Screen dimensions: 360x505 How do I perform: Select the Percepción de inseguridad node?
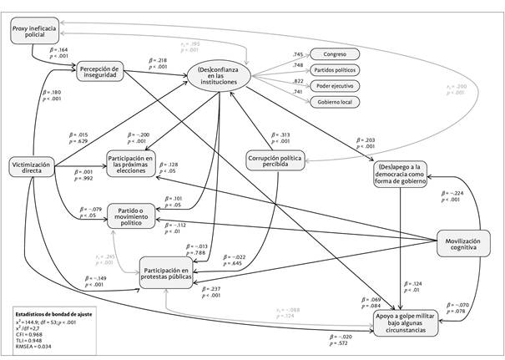[x=101, y=72]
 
